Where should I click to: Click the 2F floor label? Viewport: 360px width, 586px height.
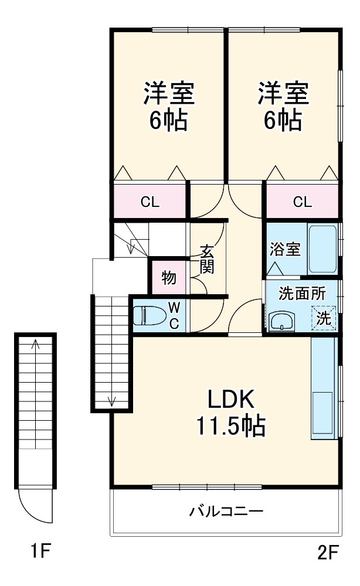pyautogui.click(x=328, y=553)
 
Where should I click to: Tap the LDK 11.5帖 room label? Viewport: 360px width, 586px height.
pyautogui.click(x=231, y=413)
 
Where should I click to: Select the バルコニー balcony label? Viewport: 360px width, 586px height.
pyautogui.click(x=226, y=511)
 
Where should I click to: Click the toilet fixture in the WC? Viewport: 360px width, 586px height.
pyautogui.click(x=150, y=315)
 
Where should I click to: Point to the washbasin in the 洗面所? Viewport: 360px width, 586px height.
pyautogui.click(x=281, y=321)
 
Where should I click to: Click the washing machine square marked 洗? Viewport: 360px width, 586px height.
pyautogui.click(x=324, y=318)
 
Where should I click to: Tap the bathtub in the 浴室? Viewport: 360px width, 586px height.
pyautogui.click(x=322, y=249)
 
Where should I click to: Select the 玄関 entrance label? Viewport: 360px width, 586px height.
pyautogui.click(x=207, y=259)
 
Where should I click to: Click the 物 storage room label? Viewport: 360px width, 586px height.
pyautogui.click(x=169, y=278)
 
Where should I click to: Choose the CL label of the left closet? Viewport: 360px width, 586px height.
pyautogui.click(x=150, y=202)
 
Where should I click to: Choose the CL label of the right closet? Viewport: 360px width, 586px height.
pyautogui.click(x=303, y=202)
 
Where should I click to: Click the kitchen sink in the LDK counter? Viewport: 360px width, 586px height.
pyautogui.click(x=322, y=413)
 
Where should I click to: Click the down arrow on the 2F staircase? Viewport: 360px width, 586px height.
pyautogui.click(x=111, y=351)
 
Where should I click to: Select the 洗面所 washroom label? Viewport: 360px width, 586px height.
pyautogui.click(x=302, y=294)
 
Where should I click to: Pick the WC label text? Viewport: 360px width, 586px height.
pyautogui.click(x=174, y=315)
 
